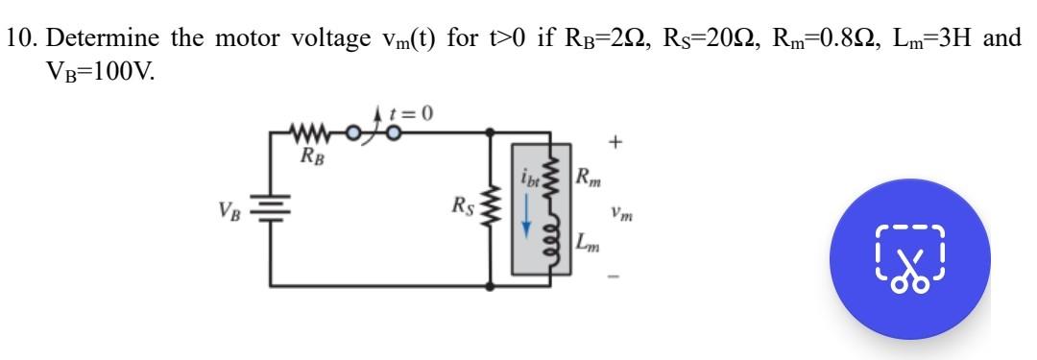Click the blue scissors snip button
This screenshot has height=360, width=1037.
pos(909,258)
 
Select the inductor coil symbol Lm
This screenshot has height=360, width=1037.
pos(551,240)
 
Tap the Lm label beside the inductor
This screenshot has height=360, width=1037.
pos(590,242)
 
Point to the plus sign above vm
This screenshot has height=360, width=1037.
pos(619,144)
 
